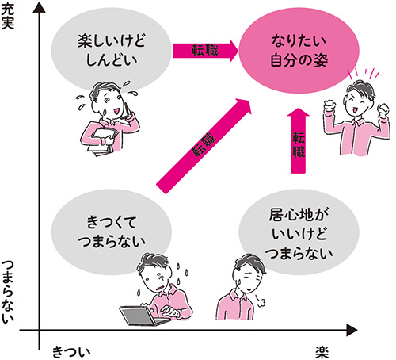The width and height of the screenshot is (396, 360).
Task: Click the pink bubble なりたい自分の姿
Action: click(299, 51)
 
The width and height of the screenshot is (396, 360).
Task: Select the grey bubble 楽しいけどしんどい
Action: click(112, 51)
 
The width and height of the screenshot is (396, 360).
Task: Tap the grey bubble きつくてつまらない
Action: click(112, 232)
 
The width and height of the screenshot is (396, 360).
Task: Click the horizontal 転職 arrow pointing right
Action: click(205, 51)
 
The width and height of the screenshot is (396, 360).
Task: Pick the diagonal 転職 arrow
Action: click(204, 146)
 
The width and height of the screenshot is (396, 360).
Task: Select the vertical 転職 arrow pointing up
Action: click(299, 140)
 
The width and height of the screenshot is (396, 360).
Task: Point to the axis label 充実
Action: click(7, 17)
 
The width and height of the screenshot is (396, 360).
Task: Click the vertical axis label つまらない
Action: click(7, 292)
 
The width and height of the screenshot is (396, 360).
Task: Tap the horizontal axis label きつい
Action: click(71, 351)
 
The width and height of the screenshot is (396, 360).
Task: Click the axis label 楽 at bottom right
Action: click(322, 351)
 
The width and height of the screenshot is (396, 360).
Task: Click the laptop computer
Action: click(144, 316)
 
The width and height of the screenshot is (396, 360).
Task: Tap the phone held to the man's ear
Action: click(128, 110)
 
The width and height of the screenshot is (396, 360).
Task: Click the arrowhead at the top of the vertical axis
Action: click(39, 8)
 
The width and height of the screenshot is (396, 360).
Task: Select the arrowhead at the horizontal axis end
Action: click(352, 330)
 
